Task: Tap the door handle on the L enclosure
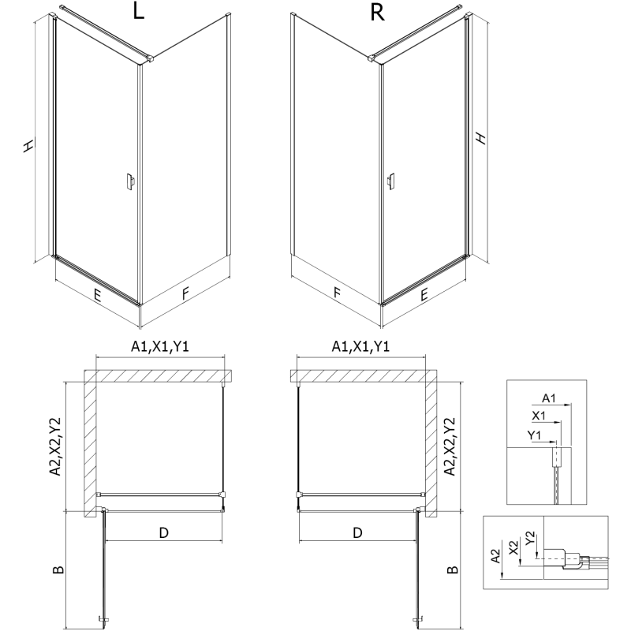[129, 182]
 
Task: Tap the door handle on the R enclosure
[390, 182]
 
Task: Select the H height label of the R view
[482, 137]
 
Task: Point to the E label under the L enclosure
[97, 296]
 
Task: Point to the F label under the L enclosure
[185, 295]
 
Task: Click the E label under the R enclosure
[424, 296]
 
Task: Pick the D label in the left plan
[163, 533]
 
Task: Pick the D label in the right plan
[357, 533]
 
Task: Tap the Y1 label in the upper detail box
[534, 434]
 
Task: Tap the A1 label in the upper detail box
[551, 398]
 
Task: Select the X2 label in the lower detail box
[514, 545]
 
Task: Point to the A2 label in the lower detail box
[495, 556]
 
